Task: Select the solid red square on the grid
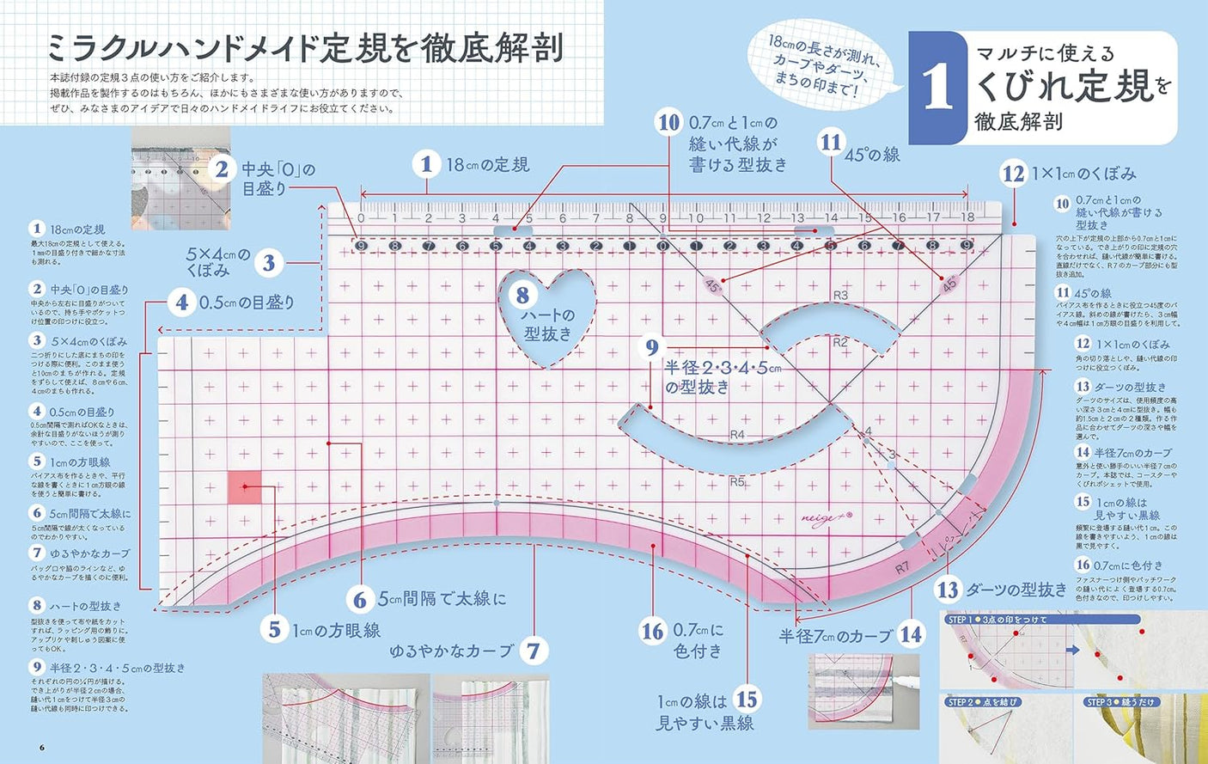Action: [x=245, y=486]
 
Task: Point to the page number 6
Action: [x=41, y=746]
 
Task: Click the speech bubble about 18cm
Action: [x=823, y=64]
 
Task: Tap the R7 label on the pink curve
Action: [x=902, y=567]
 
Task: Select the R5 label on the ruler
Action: [x=736, y=481]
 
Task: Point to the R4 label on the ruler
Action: [x=736, y=434]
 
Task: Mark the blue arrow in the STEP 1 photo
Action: [x=1072, y=650]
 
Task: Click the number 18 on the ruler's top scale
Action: [x=967, y=217]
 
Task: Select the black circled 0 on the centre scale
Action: [x=662, y=246]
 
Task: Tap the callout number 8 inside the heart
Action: [x=522, y=296]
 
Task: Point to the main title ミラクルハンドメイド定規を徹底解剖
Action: [x=305, y=48]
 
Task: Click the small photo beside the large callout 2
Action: [x=180, y=178]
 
